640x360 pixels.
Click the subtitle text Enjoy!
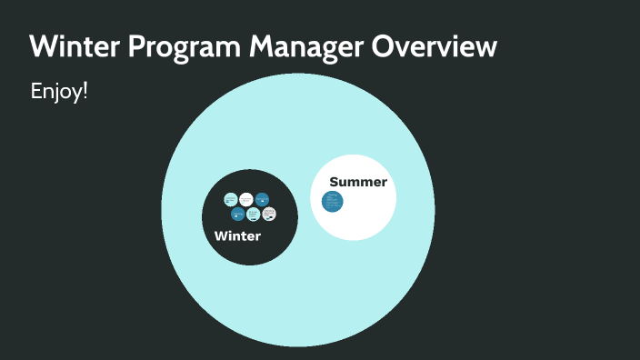(x=59, y=92)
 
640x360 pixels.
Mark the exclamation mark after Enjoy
(x=85, y=91)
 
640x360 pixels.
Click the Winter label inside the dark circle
(x=237, y=236)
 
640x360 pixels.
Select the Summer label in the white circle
(x=358, y=182)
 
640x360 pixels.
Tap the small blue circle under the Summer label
(x=333, y=201)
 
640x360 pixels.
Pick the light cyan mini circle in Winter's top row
(x=231, y=199)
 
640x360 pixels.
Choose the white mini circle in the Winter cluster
(x=246, y=199)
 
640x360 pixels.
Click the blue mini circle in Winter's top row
(x=262, y=199)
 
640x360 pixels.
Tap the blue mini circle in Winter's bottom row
(x=237, y=215)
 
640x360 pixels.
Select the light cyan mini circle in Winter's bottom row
(x=254, y=215)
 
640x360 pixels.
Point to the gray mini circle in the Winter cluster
(x=268, y=215)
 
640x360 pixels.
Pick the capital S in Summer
(x=334, y=182)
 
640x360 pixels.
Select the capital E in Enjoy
(x=36, y=92)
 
